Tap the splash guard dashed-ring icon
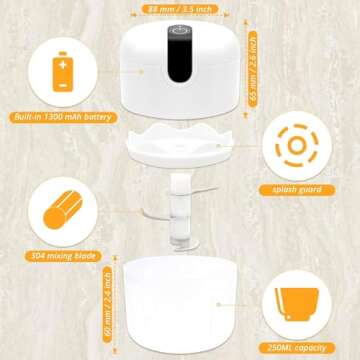(297, 145)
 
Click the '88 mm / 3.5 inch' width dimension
(181, 8)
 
